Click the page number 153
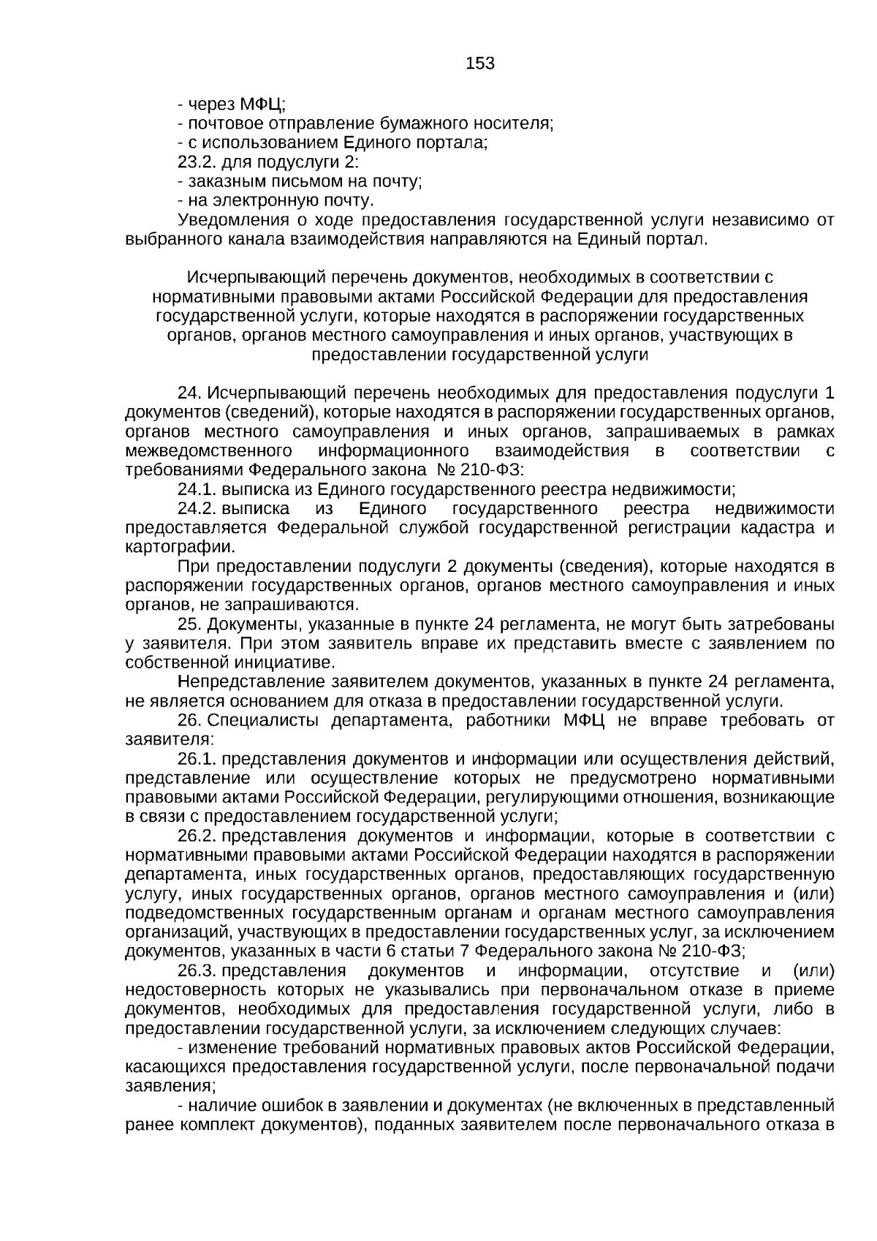480,64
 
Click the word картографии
180,547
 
